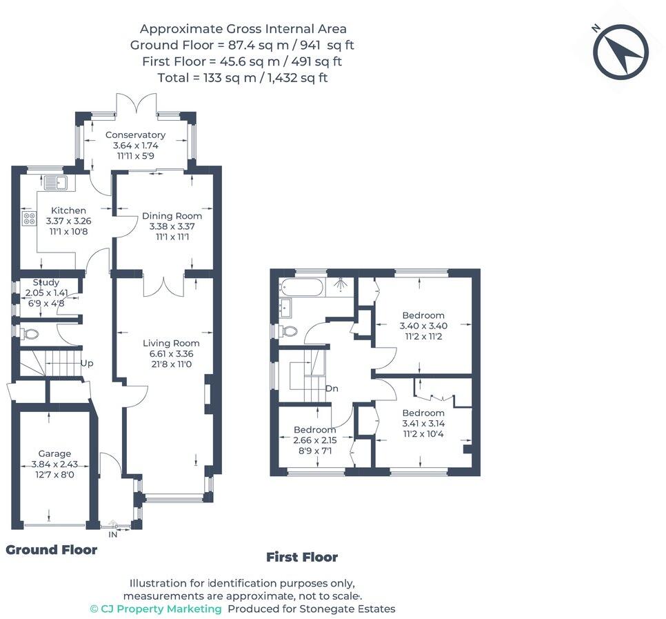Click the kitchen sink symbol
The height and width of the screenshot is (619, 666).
tap(55, 183)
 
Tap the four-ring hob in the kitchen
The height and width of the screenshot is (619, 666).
tap(30, 219)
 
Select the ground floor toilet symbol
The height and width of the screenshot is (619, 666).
tap(30, 333)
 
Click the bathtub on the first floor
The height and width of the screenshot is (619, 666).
tap(301, 287)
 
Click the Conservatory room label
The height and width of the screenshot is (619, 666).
tap(136, 135)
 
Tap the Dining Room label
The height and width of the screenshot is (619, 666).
tap(172, 215)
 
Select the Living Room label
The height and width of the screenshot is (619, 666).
tap(171, 343)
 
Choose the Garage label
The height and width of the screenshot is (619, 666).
tap(54, 453)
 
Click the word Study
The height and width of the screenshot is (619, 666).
tap(46, 282)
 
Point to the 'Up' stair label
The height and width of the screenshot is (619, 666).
tap(87, 364)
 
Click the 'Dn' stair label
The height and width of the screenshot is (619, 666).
tap(332, 389)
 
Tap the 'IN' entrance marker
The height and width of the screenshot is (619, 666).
tap(112, 534)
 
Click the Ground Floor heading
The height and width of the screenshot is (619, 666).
tap(52, 550)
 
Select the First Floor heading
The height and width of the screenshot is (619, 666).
tap(302, 557)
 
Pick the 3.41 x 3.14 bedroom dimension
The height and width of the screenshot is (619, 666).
tap(423, 424)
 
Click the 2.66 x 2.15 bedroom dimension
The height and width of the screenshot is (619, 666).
tap(315, 440)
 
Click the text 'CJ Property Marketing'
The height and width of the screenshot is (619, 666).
tap(161, 609)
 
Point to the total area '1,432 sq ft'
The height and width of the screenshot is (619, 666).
tap(297, 78)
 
